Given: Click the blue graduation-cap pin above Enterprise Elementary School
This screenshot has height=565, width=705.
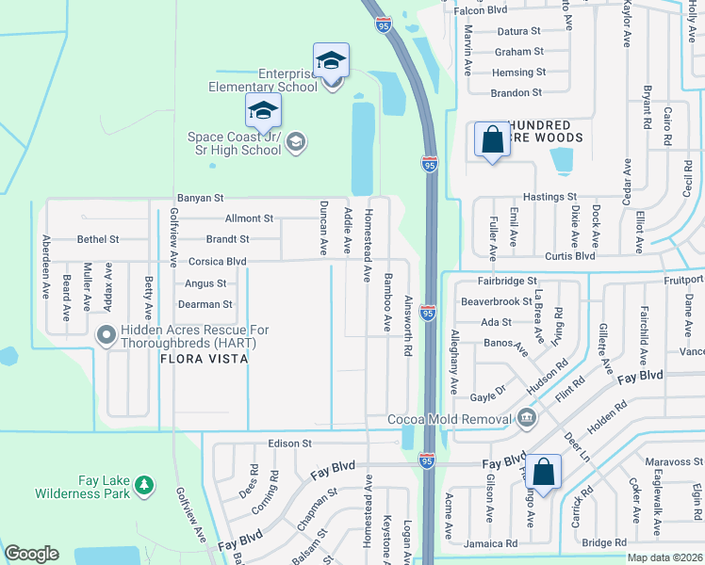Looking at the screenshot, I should tap(331, 61).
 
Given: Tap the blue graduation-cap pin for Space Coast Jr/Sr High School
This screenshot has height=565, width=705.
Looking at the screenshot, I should tap(263, 112).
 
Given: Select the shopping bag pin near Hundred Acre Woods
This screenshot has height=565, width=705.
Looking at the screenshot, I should tap(492, 140).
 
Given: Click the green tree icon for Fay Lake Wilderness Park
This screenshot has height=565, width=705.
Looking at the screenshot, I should tap(143, 485).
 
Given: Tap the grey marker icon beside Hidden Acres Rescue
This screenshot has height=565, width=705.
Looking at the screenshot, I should tap(106, 332).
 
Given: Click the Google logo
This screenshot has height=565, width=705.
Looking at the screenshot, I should tap(31, 554).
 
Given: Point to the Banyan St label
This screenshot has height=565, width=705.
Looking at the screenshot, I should tap(200, 199).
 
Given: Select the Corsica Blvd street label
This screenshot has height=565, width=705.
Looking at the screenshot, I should tap(218, 262).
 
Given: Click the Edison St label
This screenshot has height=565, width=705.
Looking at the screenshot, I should tap(289, 443).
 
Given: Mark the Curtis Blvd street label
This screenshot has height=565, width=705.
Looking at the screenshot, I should tap(570, 256).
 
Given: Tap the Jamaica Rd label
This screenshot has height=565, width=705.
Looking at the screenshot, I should tap(491, 543).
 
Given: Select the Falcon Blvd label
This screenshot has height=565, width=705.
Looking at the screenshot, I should tap(481, 10).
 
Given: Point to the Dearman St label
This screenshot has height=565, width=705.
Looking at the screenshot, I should tap(205, 304).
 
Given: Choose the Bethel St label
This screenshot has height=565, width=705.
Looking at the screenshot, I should tap(98, 240).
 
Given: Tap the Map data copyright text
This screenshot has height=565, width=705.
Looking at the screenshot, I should tap(664, 557).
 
